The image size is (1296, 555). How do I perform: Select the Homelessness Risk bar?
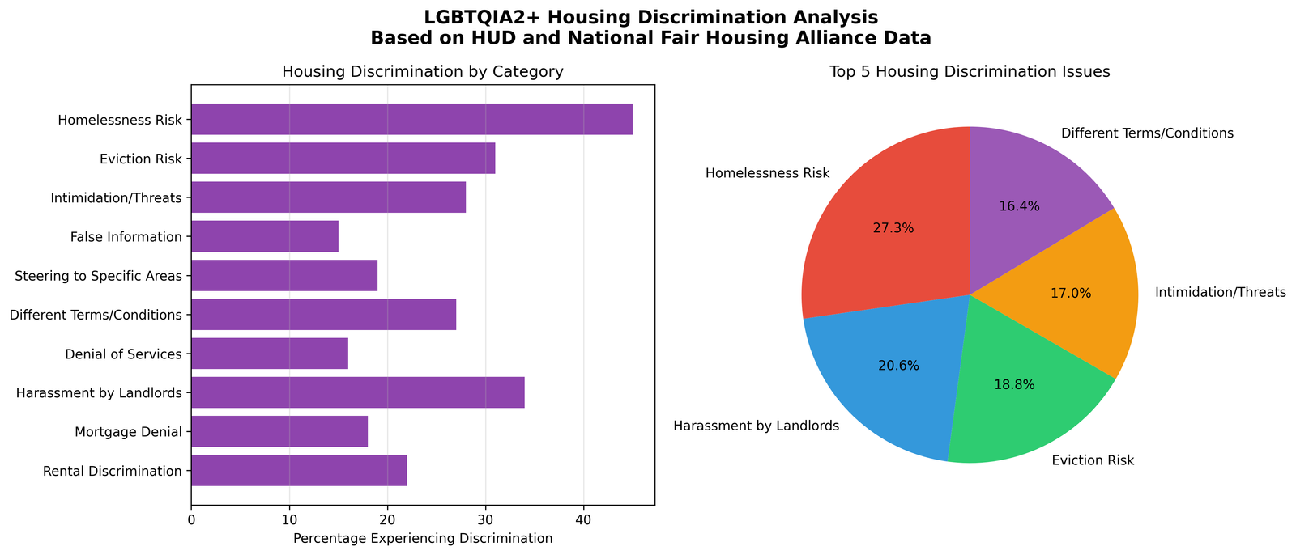[411, 120]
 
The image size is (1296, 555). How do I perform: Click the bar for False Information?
[265, 236]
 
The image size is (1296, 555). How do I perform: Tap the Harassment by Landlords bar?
[357, 392]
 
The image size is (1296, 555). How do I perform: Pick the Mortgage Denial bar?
[279, 431]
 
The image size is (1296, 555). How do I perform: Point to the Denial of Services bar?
[270, 354]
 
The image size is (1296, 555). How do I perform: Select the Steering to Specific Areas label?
[98, 276]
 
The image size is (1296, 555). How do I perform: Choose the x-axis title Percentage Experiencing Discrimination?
[423, 538]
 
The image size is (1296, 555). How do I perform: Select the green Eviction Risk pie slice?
[1021, 396]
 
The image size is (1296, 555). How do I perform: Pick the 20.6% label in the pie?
[898, 366]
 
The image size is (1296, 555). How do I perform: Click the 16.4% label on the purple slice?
[1019, 206]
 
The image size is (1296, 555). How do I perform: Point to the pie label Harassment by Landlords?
[756, 426]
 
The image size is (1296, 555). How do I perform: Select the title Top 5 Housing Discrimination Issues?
[970, 72]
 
